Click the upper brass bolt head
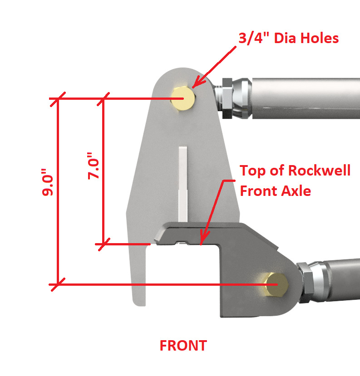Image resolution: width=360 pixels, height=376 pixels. click(183, 98)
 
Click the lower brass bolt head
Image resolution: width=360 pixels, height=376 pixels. click(276, 284)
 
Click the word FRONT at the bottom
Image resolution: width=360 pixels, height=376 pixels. click(183, 346)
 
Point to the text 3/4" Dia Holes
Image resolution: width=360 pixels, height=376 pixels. click(288, 38)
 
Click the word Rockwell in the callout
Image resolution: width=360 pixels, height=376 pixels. click(317, 171)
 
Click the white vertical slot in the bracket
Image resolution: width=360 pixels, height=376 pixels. click(183, 181)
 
